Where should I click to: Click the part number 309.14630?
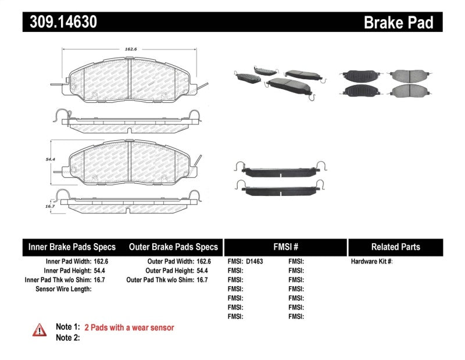pyautogui.click(x=60, y=22)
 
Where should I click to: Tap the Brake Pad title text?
pyautogui.click(x=398, y=22)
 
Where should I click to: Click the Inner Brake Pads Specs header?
pyautogui.click(x=72, y=247)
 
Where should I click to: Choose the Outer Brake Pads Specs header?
pyautogui.click(x=173, y=247)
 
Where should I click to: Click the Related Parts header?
pyautogui.click(x=395, y=247)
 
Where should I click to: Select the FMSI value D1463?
pyautogui.click(x=254, y=262)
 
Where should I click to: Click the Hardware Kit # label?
pyautogui.click(x=371, y=262)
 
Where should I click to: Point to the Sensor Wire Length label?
pyautogui.click(x=63, y=289)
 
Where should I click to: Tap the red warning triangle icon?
pyautogui.click(x=39, y=329)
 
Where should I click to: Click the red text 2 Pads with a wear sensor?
pyautogui.click(x=129, y=327)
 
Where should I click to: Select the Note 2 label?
pyautogui.click(x=67, y=338)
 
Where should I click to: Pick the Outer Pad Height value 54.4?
pyautogui.click(x=203, y=271)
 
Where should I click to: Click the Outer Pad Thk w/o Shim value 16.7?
pyautogui.click(x=203, y=280)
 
